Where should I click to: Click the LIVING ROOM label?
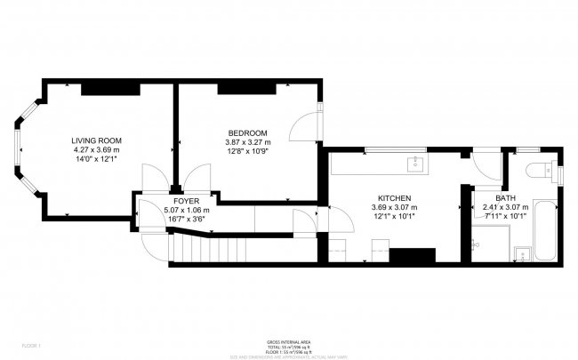pyautogui.click(x=96, y=140)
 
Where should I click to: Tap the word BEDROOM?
pyautogui.click(x=247, y=133)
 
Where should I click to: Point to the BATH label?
pyautogui.click(x=505, y=198)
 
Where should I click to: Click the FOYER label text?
pyautogui.click(x=186, y=201)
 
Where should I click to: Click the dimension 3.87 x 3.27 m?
pyautogui.click(x=247, y=142)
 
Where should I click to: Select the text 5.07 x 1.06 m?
pyautogui.click(x=187, y=210)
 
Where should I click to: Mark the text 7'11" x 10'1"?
pyautogui.click(x=505, y=216)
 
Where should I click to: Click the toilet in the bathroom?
pyautogui.click(x=539, y=170)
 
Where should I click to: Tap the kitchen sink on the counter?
pyautogui.click(x=413, y=163)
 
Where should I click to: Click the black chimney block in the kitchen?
pyautogui.click(x=411, y=256)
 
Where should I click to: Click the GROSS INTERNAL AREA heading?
pyautogui.click(x=289, y=341)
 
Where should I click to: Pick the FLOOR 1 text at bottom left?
pyautogui.click(x=31, y=344)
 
